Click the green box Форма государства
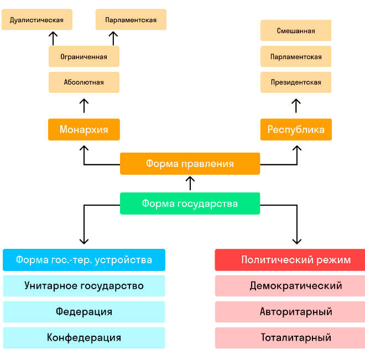coord(190,204)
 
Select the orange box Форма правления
coord(190,164)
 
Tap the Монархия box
coord(84,129)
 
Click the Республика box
coord(296,129)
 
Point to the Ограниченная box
coord(84,56)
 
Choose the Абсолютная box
coord(84,82)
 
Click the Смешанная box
coord(296,30)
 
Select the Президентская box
coord(296,82)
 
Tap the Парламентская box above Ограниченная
coord(131,20)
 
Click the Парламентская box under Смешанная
coord(296,56)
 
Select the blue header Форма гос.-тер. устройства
coord(84,260)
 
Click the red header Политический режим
coord(296,260)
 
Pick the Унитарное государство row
coord(84,286)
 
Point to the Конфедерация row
coord(84,337)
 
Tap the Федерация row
coord(84,312)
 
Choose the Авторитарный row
coord(296,312)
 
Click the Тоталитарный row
coord(296,337)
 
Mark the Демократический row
coord(296,286)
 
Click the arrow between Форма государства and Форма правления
coord(190,183)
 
